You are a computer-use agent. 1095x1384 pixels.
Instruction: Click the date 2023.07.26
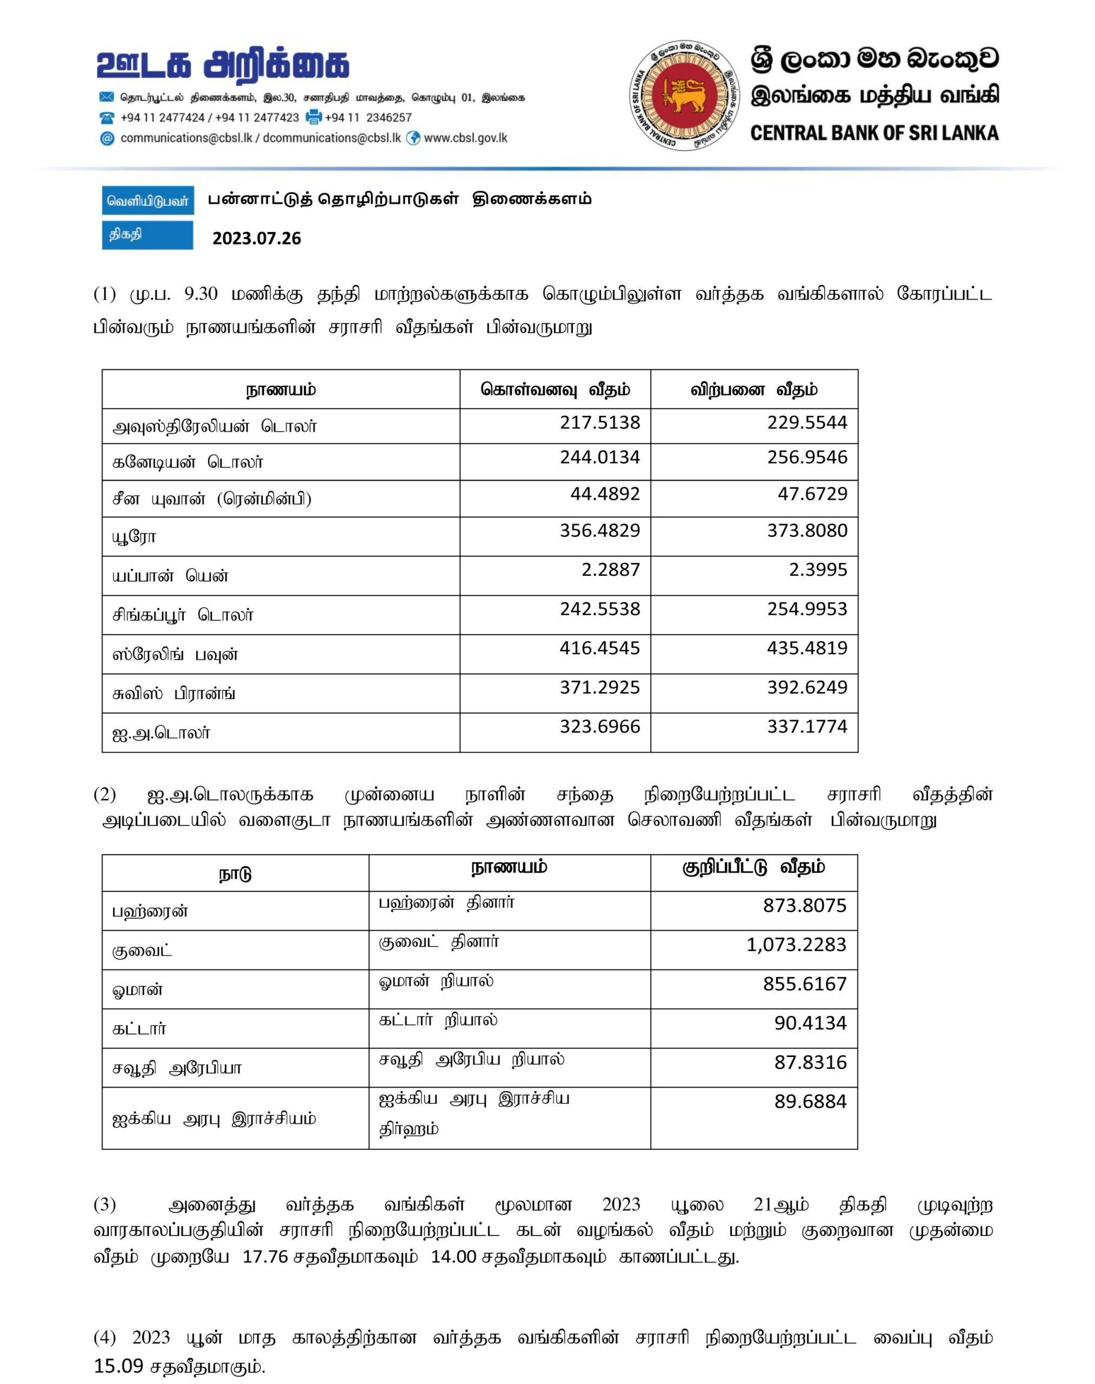pos(256,238)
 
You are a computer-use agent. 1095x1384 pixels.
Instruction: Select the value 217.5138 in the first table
pos(599,423)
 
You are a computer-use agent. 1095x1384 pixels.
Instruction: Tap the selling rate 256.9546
pos(806,457)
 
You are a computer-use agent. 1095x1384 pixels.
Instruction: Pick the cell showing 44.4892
pos(605,494)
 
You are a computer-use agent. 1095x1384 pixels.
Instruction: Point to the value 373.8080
pos(806,530)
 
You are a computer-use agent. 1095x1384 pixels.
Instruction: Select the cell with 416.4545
pos(599,648)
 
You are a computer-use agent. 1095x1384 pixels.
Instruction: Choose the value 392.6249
pos(806,687)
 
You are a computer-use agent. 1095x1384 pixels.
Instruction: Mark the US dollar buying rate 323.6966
pos(599,727)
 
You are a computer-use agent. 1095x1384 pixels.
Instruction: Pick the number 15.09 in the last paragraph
pos(118,1366)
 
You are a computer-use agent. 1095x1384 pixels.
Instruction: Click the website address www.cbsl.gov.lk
pos(465,138)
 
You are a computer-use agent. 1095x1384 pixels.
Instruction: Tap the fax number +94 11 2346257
pos(368,118)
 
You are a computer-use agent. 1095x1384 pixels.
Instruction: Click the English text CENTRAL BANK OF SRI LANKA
pos(874,134)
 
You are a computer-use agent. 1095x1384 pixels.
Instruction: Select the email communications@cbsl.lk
pos(186,138)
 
